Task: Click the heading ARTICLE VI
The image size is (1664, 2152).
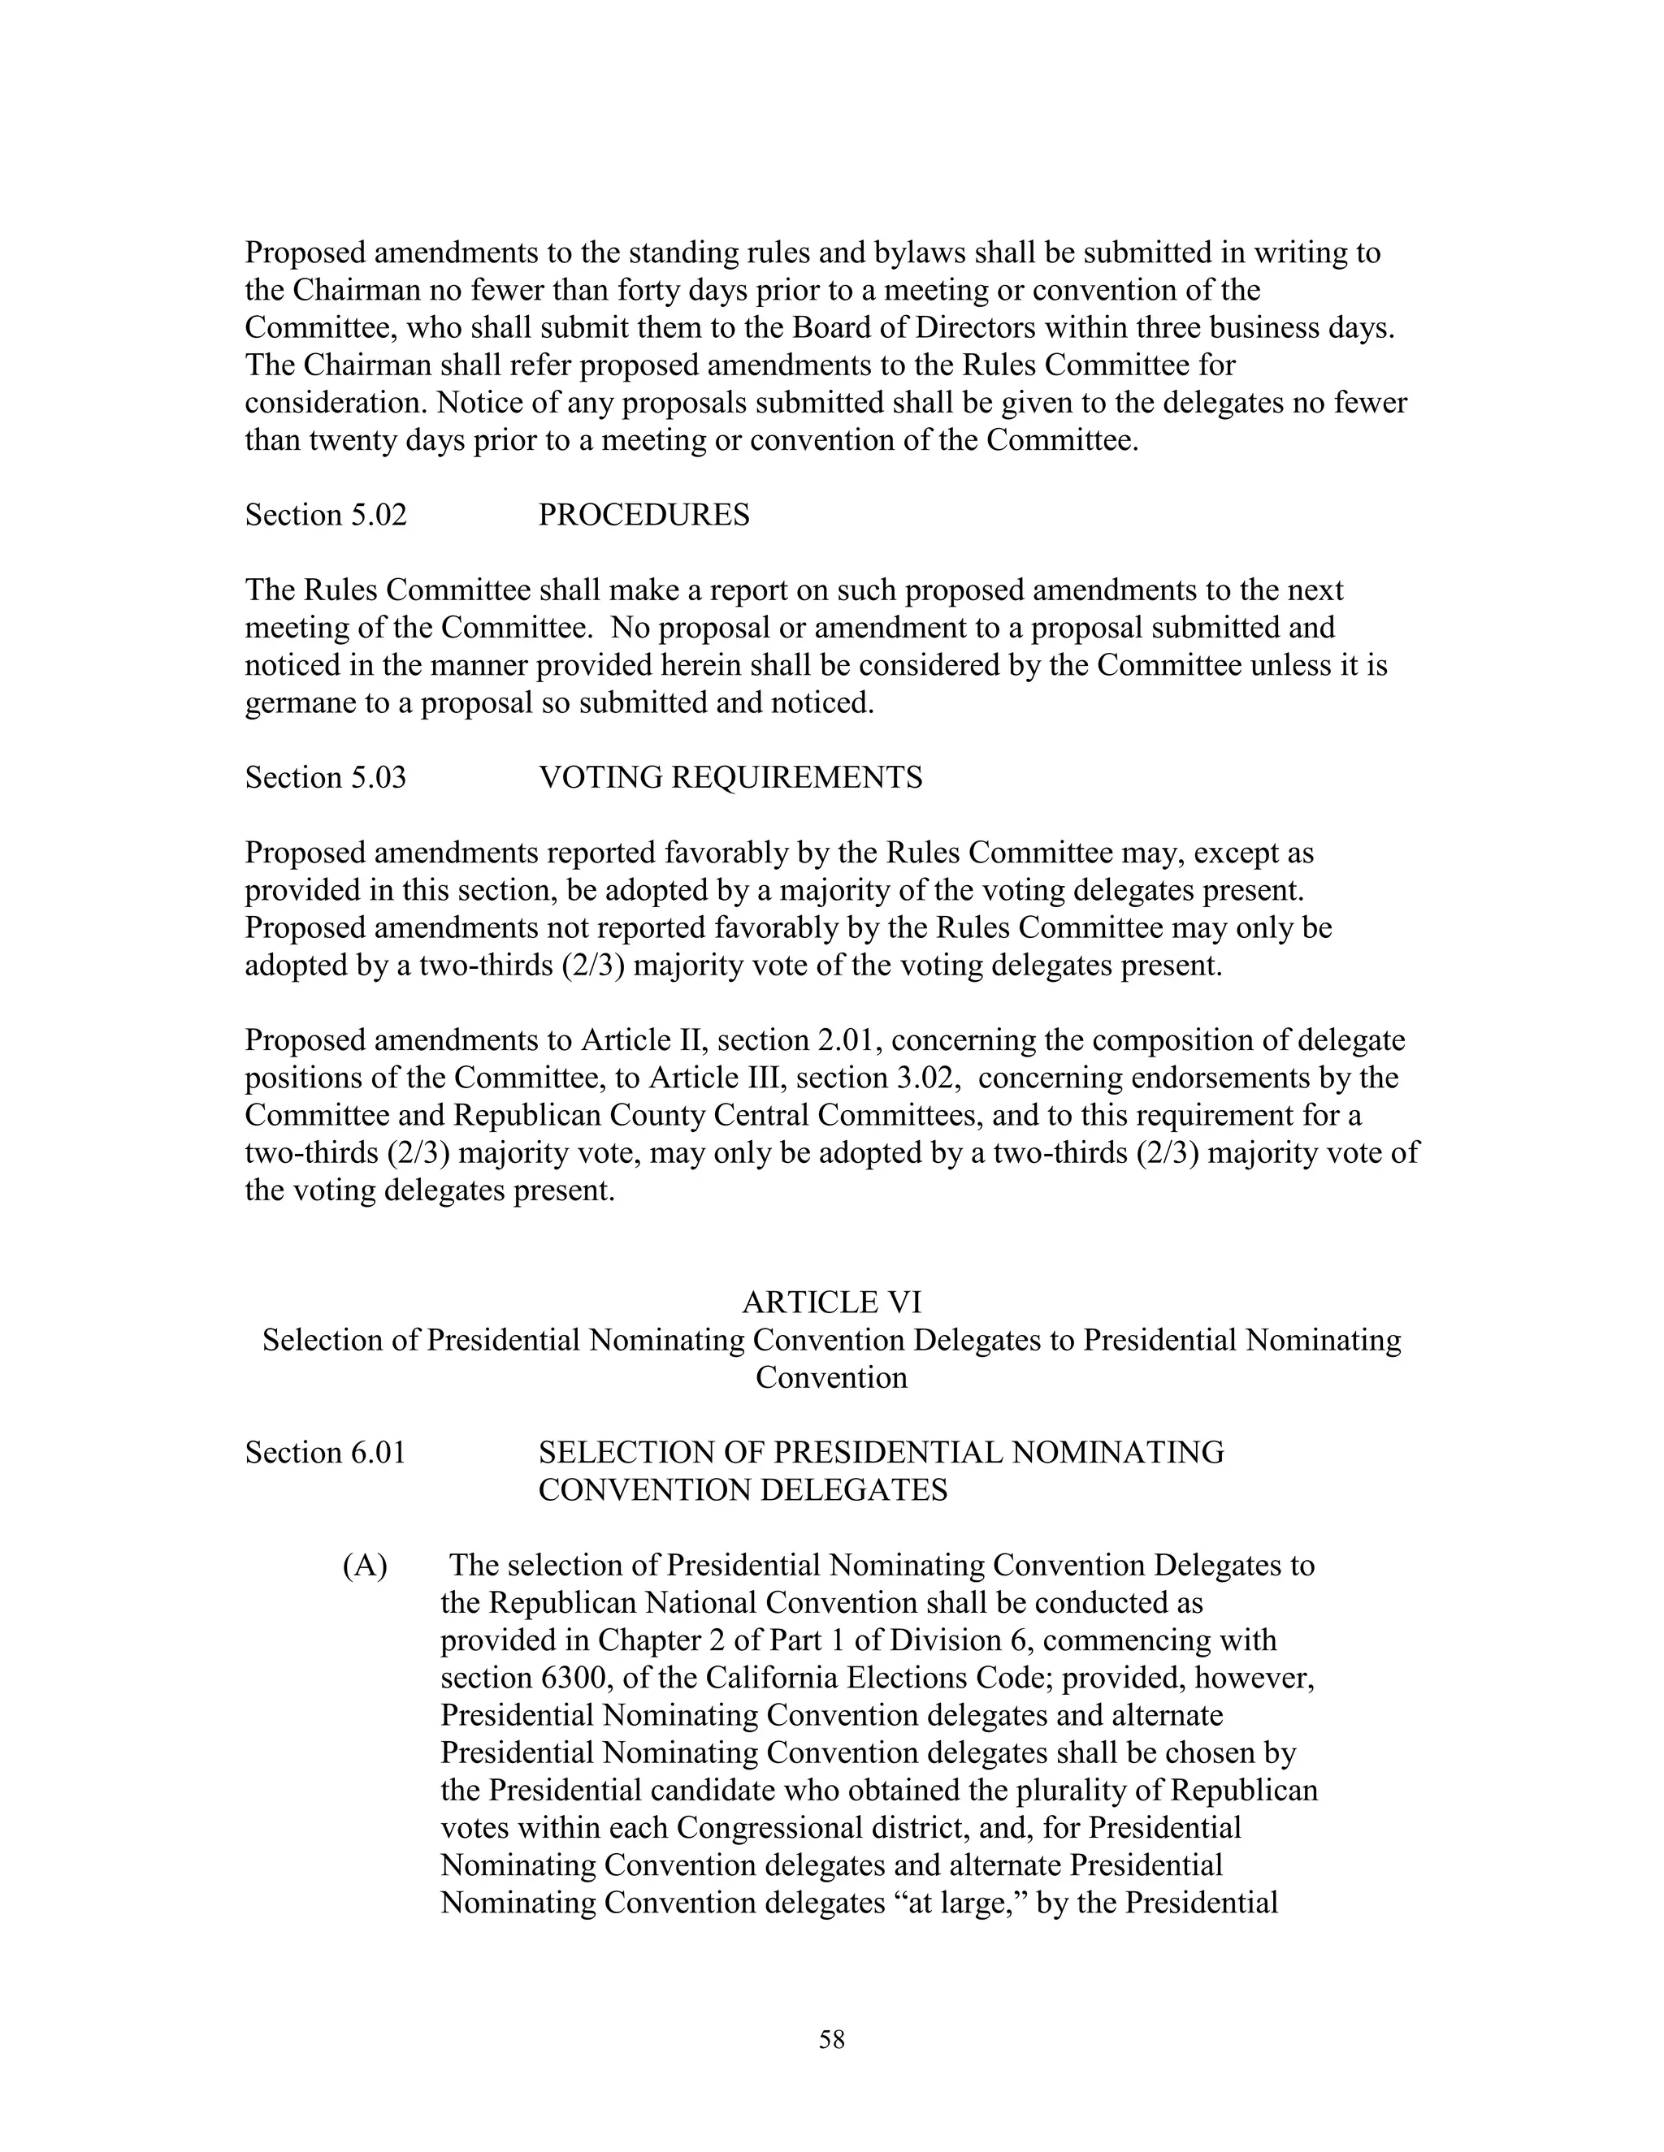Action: coord(831,1303)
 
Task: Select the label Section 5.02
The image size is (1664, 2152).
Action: coord(325,516)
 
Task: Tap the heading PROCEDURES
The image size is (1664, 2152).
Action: coord(643,516)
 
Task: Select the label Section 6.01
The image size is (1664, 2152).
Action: coord(325,1453)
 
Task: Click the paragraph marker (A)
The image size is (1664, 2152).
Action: coord(365,1565)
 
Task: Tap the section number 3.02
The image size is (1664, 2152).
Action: coord(923,1078)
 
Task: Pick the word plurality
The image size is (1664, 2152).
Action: coord(1048,1791)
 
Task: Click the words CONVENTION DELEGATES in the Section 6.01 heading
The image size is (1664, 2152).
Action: coord(743,1490)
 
